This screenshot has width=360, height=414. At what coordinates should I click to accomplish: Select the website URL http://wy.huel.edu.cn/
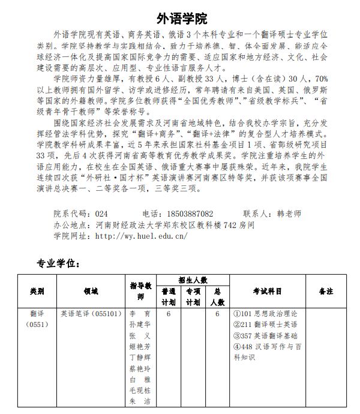pos(141,236)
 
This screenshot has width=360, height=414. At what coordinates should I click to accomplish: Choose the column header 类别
pos(37,291)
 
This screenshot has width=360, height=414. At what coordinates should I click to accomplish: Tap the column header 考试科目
pos(267,291)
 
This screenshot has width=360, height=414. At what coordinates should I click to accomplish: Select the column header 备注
pos(326,291)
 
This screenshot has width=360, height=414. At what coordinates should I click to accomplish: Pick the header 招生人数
pos(193,280)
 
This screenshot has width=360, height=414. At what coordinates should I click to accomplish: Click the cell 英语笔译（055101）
pos(91,314)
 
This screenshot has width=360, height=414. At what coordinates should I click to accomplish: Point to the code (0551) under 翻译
pos(37,325)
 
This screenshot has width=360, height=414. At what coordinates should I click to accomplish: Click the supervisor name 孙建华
pos(140,325)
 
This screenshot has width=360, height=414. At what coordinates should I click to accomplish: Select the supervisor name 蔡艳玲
pos(140,368)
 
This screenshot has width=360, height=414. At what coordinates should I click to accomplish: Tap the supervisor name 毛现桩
pos(140,391)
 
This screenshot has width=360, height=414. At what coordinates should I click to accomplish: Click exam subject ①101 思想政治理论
pos(265,314)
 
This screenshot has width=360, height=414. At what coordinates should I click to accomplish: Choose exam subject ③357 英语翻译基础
pos(265,335)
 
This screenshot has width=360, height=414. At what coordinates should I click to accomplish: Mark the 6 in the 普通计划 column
pos(169,314)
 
